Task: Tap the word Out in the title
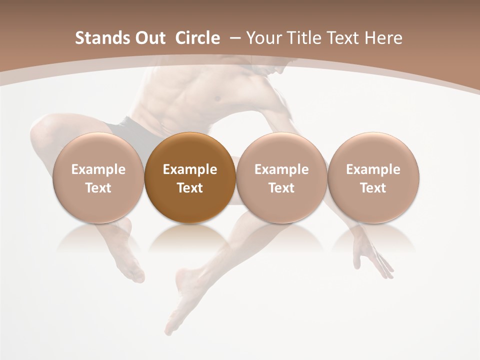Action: [x=149, y=38]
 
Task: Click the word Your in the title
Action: [x=263, y=38]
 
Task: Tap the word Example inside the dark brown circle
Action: [x=190, y=169]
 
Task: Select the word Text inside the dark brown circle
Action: [x=190, y=188]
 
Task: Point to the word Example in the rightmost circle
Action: [x=373, y=169]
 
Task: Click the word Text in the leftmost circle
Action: [x=98, y=188]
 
